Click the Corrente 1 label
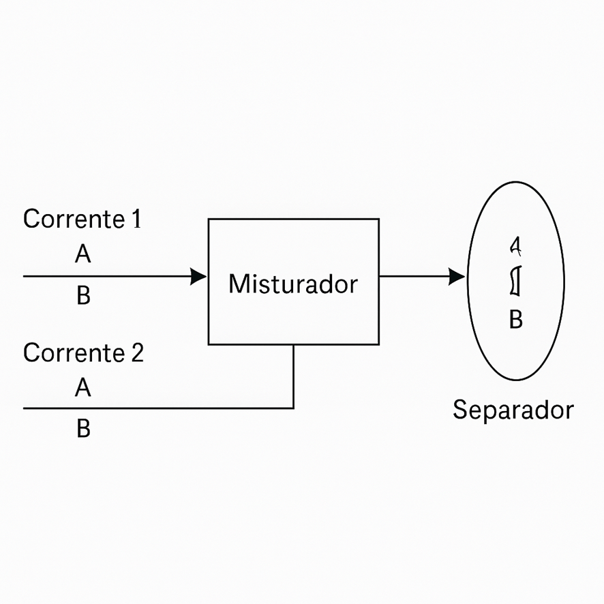pos(82,220)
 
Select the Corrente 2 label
pos(83,353)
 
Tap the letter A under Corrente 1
pos(82,255)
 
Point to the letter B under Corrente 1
pos(83,297)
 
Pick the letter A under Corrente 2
pos(82,389)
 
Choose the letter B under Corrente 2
pos(83,429)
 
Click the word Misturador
pos(292,284)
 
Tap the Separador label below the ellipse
pos(513,410)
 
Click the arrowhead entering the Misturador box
pos(199,276)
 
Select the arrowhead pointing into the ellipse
pos(457,276)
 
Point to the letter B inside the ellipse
pos(516,319)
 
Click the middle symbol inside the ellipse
pos(515,282)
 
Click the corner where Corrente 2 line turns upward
pos(293,408)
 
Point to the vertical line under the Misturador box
pos(293,375)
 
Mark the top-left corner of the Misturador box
pos(209,220)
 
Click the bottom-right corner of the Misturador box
pos(378,344)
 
